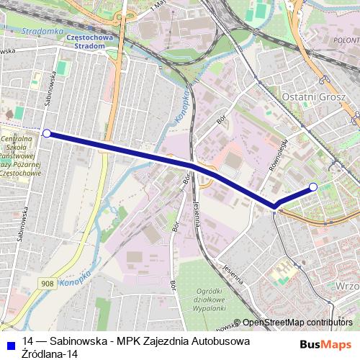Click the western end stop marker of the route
(47, 133)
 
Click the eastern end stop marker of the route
(313, 188)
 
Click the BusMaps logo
(326, 344)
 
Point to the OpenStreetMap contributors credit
(297, 323)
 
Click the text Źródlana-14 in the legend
(50, 354)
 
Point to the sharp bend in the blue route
(274, 207)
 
